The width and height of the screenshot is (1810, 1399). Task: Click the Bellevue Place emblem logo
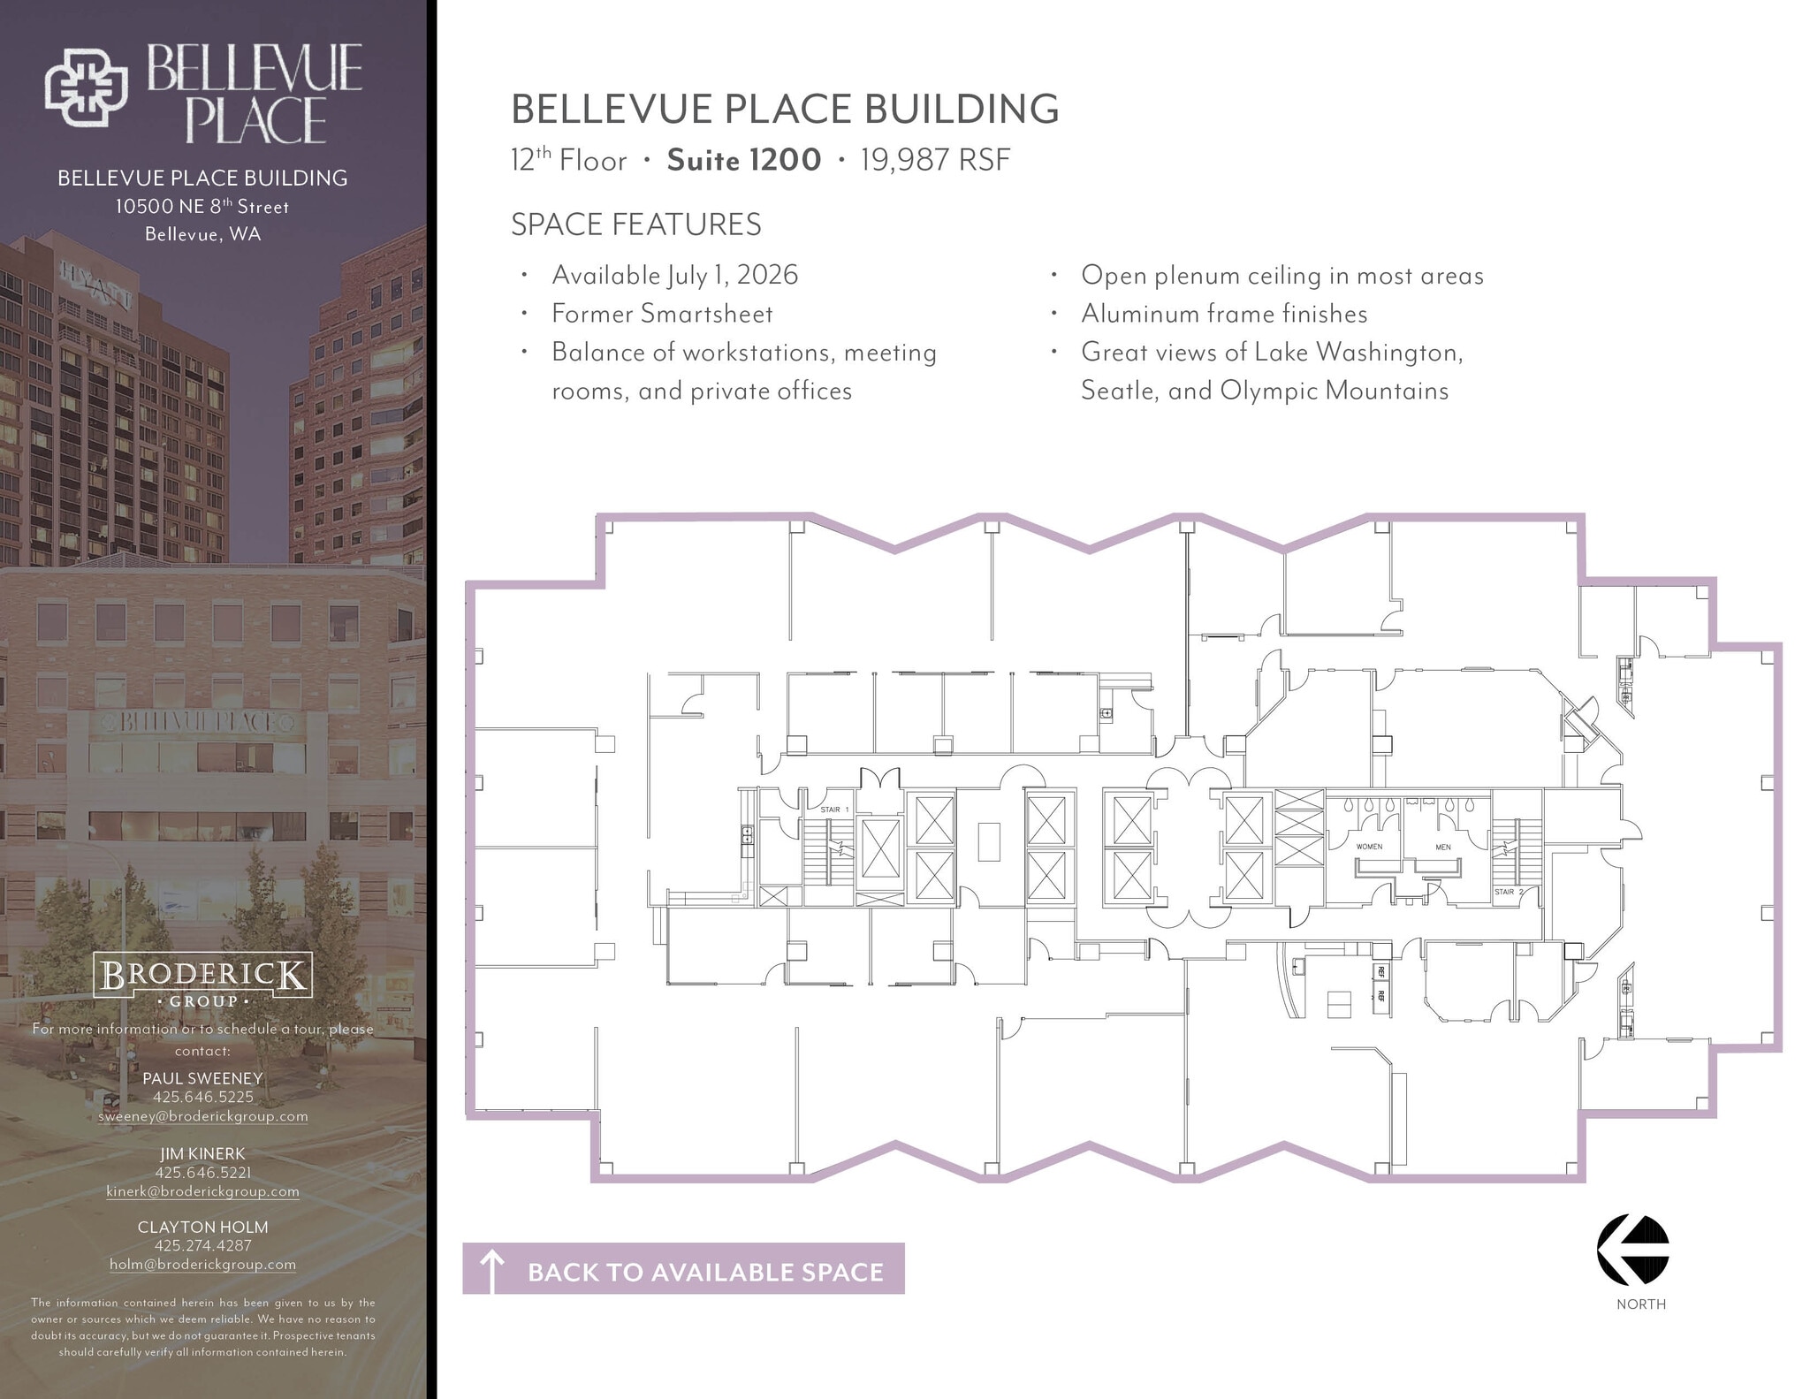click(86, 87)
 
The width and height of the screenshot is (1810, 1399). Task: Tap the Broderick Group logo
click(202, 979)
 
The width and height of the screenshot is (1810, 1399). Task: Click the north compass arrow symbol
click(1632, 1250)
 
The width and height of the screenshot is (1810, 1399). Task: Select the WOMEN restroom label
click(1369, 847)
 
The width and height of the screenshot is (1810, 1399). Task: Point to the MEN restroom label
click(1443, 848)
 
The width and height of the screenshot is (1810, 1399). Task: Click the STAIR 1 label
click(834, 810)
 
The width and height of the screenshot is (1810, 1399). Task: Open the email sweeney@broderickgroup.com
click(202, 1116)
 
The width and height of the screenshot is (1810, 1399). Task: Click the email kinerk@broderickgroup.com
click(202, 1191)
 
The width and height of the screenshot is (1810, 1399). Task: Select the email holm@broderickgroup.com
click(202, 1265)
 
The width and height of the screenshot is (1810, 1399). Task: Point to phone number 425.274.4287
click(202, 1245)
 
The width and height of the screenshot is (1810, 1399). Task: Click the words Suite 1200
click(743, 160)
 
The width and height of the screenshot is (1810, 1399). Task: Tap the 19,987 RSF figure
click(935, 160)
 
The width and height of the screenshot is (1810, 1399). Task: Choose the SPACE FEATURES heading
click(635, 224)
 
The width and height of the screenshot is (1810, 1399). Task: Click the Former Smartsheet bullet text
click(662, 314)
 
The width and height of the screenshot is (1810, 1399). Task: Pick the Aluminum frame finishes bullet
click(1224, 314)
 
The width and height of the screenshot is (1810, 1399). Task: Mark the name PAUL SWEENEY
click(202, 1078)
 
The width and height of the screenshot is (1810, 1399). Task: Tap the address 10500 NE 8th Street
click(202, 207)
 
